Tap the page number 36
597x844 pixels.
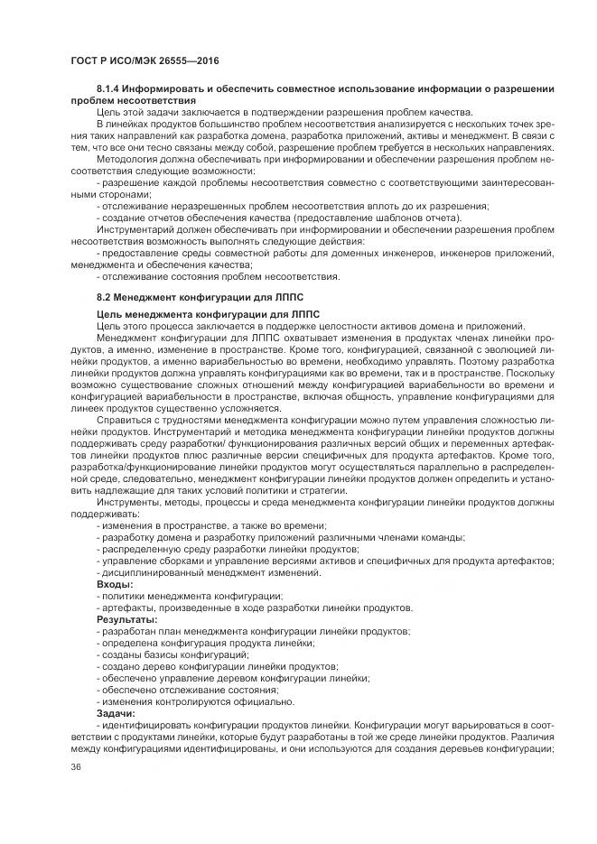point(76,767)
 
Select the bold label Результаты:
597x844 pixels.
point(127,619)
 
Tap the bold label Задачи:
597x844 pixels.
point(117,713)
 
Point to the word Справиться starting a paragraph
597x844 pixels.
point(126,419)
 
